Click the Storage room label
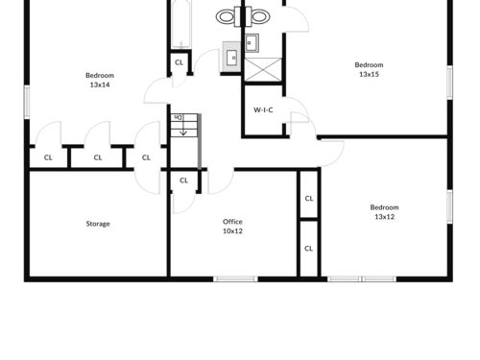point(98,224)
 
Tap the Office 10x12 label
point(232,227)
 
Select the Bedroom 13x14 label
point(100,80)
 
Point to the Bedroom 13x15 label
point(369,69)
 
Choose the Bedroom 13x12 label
point(384,212)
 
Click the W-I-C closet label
point(263,110)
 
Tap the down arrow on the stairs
point(183,130)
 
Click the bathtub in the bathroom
point(181,24)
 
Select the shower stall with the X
point(263,69)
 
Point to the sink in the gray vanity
point(231,58)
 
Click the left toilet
point(227,16)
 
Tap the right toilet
point(258,16)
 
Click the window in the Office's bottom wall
point(235,279)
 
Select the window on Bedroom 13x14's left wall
point(27,102)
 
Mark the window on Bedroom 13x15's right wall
point(450,83)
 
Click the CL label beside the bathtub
point(180,62)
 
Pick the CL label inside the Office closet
point(183,180)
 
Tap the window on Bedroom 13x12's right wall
point(450,206)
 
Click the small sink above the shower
point(252,43)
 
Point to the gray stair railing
point(200,141)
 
